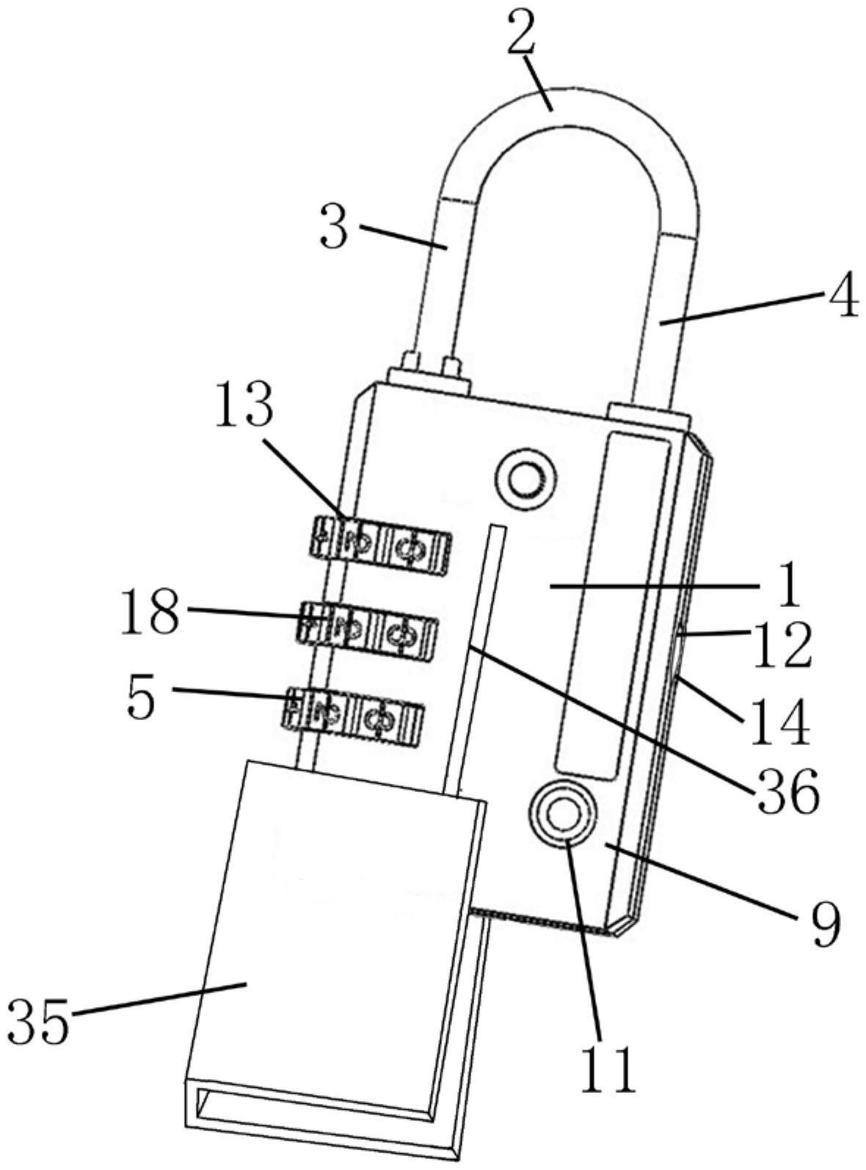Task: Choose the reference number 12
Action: click(x=782, y=647)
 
